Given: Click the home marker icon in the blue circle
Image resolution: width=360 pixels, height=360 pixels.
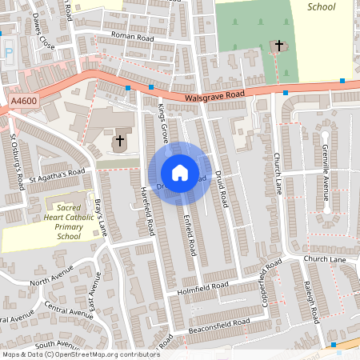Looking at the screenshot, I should pos(180,173).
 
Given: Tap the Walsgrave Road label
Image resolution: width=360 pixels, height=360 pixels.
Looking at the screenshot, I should pos(213,95).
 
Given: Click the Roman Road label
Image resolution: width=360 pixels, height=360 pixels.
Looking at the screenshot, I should pos(131,36).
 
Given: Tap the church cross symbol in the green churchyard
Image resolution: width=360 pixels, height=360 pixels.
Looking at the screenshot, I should pos(279,46).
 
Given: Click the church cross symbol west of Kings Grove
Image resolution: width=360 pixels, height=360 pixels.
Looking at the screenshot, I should pos(119,142).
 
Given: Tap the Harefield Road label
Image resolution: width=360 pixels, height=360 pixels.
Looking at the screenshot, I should pos(147,212).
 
